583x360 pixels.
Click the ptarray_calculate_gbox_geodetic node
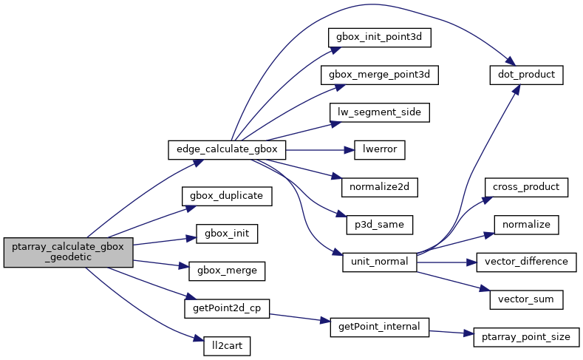[69, 252]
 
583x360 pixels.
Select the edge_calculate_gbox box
[227, 149]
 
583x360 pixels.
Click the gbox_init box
[227, 234]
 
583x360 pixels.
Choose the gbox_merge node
[227, 271]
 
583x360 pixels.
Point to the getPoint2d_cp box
[226, 308]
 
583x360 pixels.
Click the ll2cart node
[227, 345]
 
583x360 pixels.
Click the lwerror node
[381, 149]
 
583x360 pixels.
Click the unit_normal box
[380, 262]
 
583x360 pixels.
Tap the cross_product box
[526, 187]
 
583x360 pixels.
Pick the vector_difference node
[526, 262]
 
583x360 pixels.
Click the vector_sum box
[526, 299]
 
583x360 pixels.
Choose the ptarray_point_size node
[526, 337]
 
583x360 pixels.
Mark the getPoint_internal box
[380, 326]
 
